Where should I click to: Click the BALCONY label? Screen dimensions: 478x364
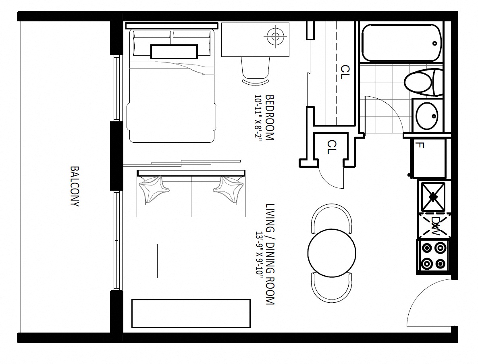tap(75, 186)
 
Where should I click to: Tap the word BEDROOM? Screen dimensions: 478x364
tap(270, 117)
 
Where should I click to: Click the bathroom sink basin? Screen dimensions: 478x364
tap(427, 116)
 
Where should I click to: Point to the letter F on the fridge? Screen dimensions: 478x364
tap(420, 145)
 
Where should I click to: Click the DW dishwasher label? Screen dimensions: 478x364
tap(436, 226)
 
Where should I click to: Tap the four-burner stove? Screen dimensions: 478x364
tap(433, 256)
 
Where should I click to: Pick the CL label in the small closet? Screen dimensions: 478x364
tap(331, 147)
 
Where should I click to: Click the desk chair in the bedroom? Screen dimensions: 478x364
tap(256, 70)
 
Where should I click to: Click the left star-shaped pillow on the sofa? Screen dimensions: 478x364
tap(154, 189)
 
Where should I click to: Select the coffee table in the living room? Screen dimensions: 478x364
tap(191, 261)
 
